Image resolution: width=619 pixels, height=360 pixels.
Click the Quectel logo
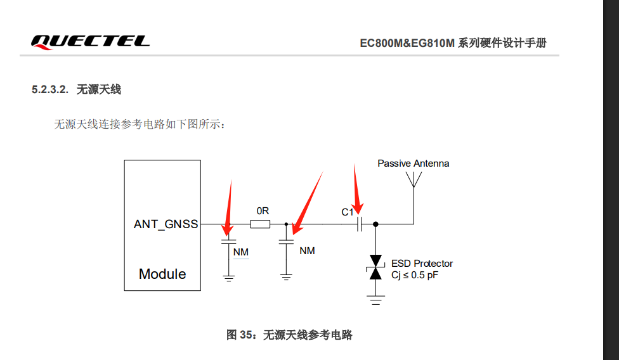pos(90,42)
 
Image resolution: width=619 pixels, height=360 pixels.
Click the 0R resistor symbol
pos(260,224)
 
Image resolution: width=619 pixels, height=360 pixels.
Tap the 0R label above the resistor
pos(263,211)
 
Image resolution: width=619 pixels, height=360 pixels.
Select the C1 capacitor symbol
pos(359,224)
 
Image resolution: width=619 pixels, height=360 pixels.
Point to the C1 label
pos(348,212)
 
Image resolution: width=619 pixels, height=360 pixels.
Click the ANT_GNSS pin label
pos(166,224)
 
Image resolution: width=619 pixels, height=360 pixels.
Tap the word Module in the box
pos(162,274)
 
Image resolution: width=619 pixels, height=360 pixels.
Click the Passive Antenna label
pos(414,164)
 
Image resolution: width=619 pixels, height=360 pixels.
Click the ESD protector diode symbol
pos(375,267)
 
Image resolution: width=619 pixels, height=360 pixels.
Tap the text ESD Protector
pos(422,264)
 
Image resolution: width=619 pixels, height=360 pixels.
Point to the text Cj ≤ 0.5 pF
pos(415,275)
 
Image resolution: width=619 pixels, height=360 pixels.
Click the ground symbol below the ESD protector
pos(375,300)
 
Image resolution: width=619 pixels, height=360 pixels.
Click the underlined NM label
pos(241,252)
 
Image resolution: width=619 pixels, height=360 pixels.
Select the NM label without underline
pos(307,251)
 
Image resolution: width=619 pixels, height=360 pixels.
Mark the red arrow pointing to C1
pos(356,190)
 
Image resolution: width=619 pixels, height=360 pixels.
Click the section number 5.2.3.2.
pos(50,89)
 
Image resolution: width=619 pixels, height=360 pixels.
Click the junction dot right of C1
pos(375,224)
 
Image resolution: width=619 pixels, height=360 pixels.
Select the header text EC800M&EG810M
pos(407,43)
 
